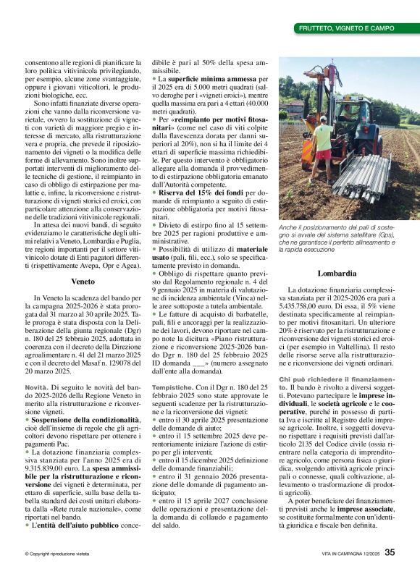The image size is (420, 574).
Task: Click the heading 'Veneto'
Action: [x=83, y=281]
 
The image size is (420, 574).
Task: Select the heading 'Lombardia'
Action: [x=337, y=274]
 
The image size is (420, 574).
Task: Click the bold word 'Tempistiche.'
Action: [x=172, y=387]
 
